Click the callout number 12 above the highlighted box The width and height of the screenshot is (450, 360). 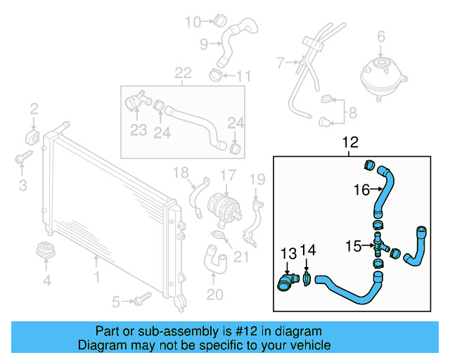tap(350, 143)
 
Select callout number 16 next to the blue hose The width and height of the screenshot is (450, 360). tap(361, 188)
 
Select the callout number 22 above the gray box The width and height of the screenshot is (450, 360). tap(183, 72)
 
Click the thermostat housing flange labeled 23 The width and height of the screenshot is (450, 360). tap(135, 103)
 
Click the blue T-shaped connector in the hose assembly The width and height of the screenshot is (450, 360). tap(378, 246)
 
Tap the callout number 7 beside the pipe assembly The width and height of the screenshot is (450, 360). tap(280, 63)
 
